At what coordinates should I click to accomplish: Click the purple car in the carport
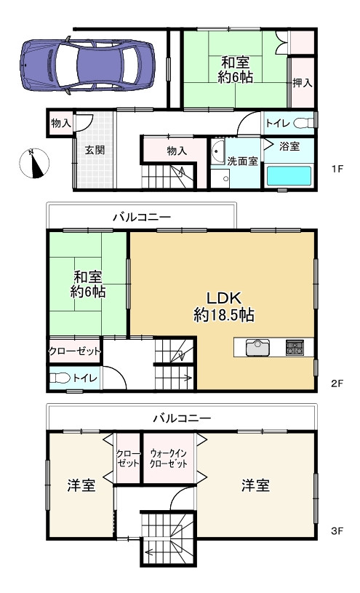tap(87, 65)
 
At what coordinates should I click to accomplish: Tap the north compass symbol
tap(34, 164)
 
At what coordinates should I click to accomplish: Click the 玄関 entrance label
tap(94, 150)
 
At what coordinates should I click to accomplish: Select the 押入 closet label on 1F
tap(303, 83)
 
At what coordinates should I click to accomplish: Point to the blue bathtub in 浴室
tap(289, 175)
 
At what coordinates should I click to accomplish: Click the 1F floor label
tap(337, 169)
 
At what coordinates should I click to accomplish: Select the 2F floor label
tap(337, 383)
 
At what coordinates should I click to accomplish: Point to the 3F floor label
tap(337, 531)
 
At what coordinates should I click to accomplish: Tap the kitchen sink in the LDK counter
tap(258, 348)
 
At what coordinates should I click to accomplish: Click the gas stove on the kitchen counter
tap(295, 347)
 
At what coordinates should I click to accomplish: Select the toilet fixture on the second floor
tap(60, 378)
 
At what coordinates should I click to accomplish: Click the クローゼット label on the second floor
tap(75, 351)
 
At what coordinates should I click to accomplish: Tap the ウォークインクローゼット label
tap(169, 458)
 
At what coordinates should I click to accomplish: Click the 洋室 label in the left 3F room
tap(81, 485)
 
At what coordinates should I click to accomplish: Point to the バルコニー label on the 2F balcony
tap(142, 217)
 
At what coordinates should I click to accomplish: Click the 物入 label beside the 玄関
tap(61, 123)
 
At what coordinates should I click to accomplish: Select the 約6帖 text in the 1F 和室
tap(235, 77)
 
